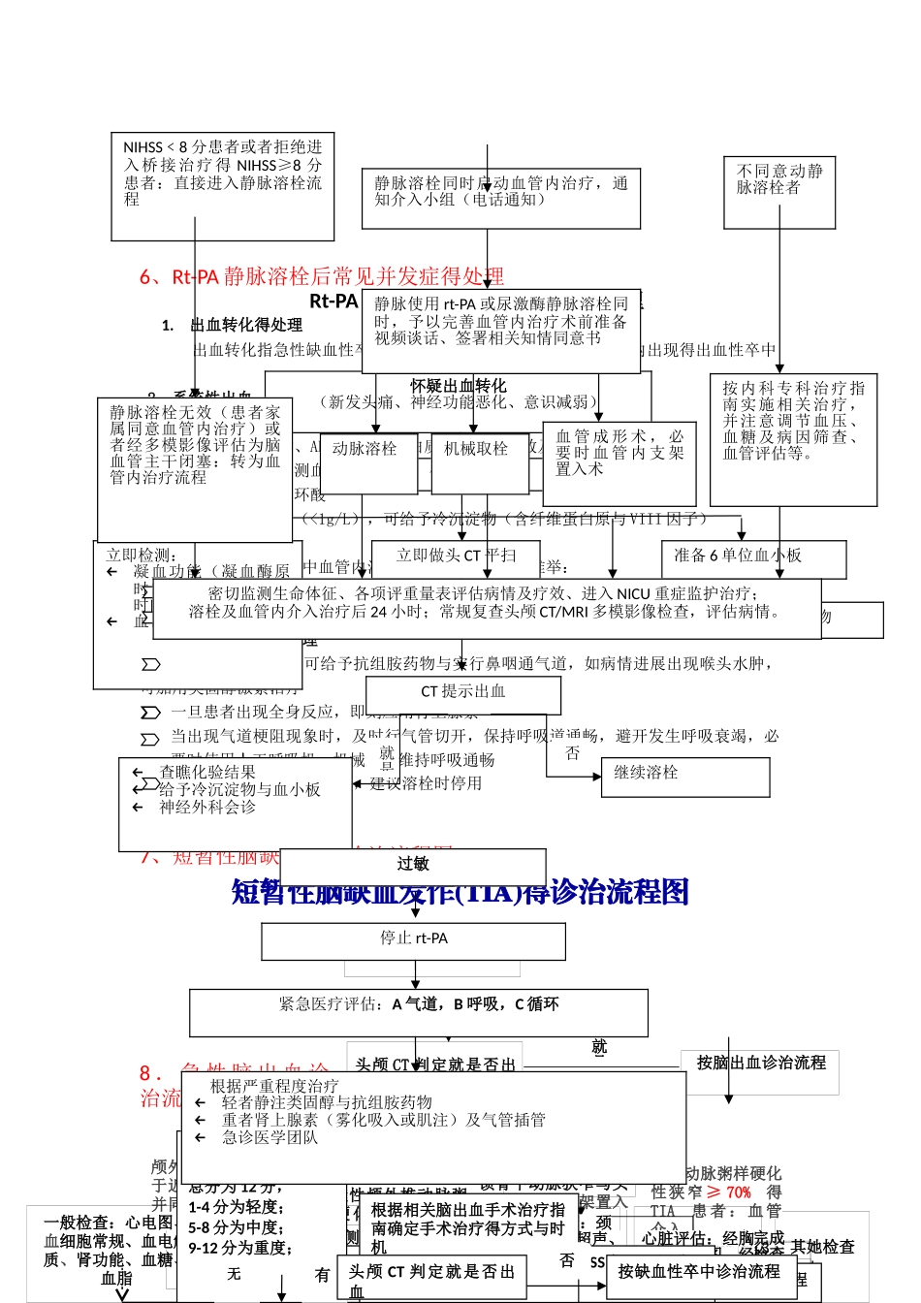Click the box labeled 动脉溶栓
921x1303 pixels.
tap(368, 462)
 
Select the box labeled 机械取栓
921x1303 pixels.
tap(479, 462)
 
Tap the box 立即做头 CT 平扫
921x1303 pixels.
tap(456, 556)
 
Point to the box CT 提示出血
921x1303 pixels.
tap(462, 693)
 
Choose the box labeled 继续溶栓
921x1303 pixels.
tap(685, 776)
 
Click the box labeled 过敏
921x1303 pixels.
tap(413, 865)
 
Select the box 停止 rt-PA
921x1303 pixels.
tap(413, 939)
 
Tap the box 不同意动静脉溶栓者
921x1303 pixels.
tap(778, 193)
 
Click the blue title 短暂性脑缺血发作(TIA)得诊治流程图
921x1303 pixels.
tap(460, 893)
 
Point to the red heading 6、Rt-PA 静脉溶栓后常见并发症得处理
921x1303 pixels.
tap(322, 277)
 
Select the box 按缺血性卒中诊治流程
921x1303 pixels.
tap(699, 1272)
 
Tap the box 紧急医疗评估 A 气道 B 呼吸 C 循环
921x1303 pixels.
tap(418, 1011)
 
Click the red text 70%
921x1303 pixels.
tap(738, 1192)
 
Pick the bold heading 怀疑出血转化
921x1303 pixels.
tap(458, 386)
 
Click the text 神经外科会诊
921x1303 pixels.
tap(207, 807)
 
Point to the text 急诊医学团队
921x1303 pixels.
tap(270, 1137)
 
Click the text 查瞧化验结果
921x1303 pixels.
tap(207, 773)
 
